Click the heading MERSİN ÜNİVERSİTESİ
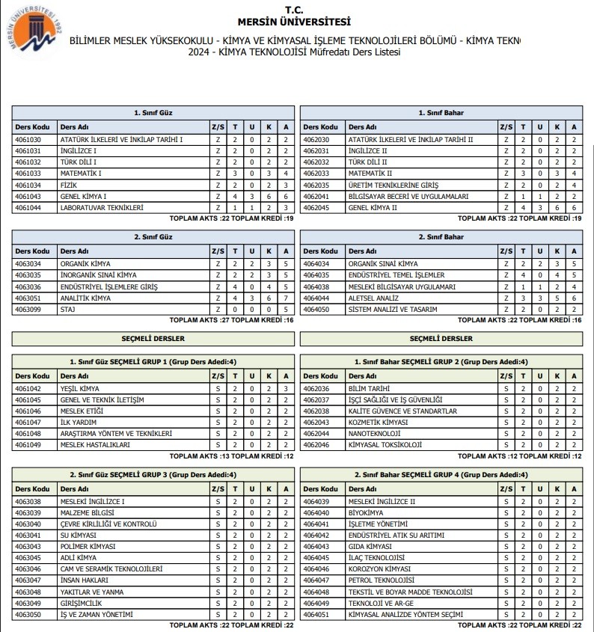297,22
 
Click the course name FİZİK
67,185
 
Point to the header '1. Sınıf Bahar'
441,113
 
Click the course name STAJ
67,309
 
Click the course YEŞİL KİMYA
79,389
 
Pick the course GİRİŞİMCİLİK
81,603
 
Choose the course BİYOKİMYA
366,512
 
